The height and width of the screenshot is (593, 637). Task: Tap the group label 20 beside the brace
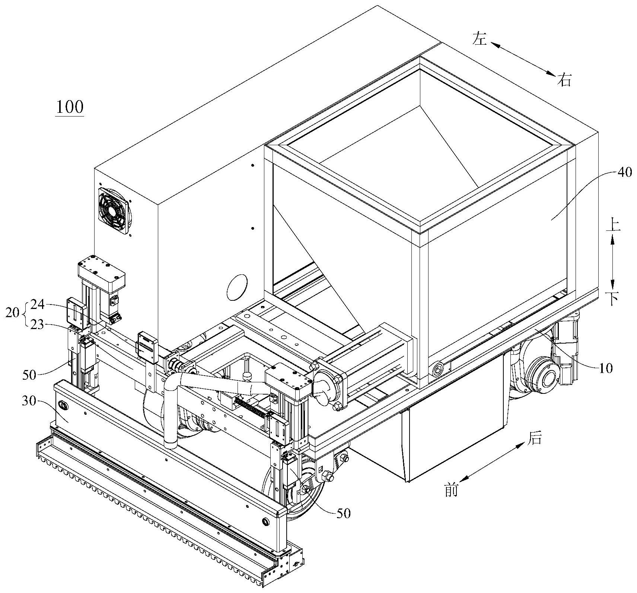(13, 313)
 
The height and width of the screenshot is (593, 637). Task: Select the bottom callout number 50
(343, 513)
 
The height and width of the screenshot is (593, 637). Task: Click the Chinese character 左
(480, 39)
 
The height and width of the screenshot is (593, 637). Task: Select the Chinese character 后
(534, 439)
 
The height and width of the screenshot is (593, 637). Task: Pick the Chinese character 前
(451, 490)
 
